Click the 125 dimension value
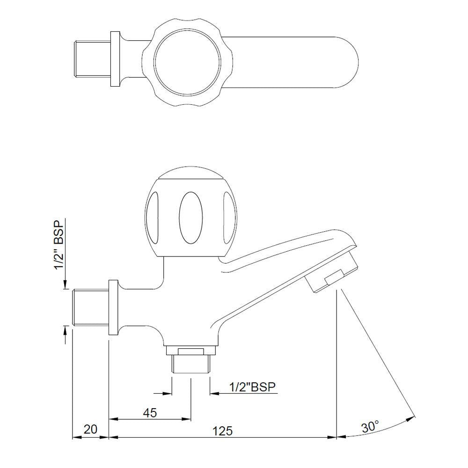[223, 431]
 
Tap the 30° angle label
[370, 426]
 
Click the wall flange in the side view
[113, 307]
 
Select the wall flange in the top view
[114, 59]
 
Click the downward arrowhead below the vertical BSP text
[66, 285]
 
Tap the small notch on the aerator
[334, 279]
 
